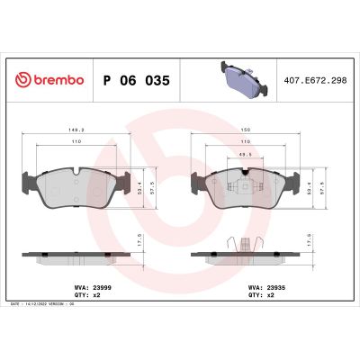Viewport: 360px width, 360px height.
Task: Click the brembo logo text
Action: coord(58,79)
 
